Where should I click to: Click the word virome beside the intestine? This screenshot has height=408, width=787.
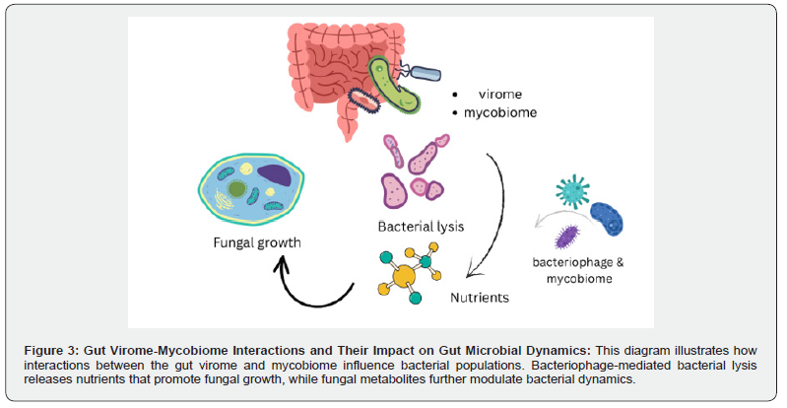point(496,94)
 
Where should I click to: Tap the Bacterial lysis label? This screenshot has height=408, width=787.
point(422,226)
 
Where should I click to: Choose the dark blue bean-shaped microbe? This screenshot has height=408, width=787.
point(607,218)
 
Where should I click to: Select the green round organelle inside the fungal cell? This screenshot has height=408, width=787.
point(237,186)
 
